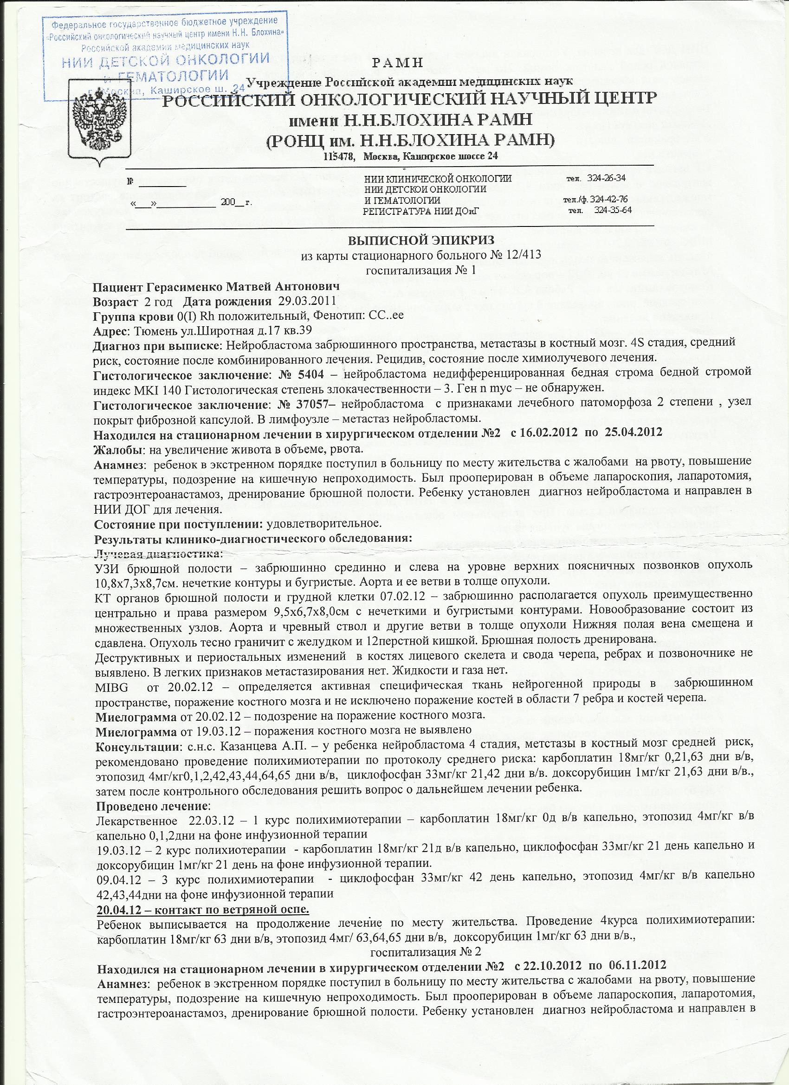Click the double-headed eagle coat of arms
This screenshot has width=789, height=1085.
click(x=98, y=117)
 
